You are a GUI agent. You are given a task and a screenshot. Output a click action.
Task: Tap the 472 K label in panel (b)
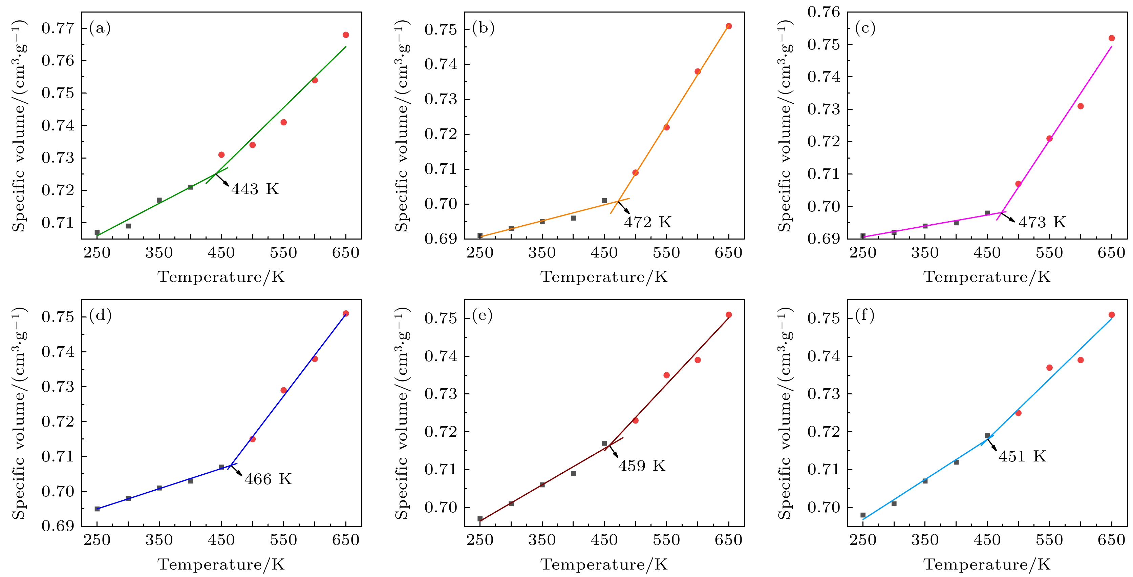click(x=647, y=222)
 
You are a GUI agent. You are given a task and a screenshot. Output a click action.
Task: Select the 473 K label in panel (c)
click(x=1042, y=222)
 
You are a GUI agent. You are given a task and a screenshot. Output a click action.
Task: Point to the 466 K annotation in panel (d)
click(x=268, y=479)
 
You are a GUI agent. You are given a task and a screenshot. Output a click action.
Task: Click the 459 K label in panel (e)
click(x=642, y=466)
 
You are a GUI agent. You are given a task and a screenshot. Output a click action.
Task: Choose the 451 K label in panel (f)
click(x=1022, y=456)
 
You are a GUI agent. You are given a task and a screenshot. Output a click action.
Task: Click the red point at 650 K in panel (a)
click(x=346, y=35)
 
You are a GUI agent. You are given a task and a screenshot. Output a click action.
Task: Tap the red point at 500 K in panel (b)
click(x=636, y=172)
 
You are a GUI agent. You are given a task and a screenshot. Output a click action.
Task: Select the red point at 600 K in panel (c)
click(x=1081, y=106)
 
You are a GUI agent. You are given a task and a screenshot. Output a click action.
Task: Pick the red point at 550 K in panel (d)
click(x=284, y=390)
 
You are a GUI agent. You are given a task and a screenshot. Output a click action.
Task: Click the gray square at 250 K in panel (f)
click(x=863, y=515)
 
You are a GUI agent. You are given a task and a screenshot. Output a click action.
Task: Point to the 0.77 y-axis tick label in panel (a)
click(x=58, y=28)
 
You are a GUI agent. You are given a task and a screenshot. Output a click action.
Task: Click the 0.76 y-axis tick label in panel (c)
click(x=824, y=12)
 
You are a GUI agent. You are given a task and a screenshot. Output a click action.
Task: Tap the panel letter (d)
click(x=100, y=315)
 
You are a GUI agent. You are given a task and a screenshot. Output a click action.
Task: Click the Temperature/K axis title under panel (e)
click(x=604, y=564)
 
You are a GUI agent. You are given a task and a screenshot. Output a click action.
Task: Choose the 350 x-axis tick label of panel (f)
click(x=925, y=540)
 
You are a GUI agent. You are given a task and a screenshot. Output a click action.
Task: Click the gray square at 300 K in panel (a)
click(x=128, y=226)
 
